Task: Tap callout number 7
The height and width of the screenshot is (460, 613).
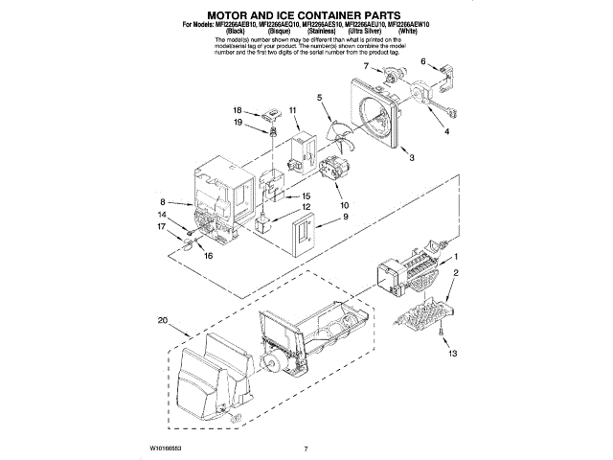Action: (365, 66)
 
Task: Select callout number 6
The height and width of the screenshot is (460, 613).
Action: (422, 61)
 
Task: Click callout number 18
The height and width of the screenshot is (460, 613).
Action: (238, 110)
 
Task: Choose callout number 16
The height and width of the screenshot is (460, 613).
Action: (207, 256)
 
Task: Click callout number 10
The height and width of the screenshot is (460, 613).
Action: (343, 204)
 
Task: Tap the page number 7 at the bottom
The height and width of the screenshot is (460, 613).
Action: (305, 448)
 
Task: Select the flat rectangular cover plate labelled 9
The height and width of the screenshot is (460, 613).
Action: (306, 233)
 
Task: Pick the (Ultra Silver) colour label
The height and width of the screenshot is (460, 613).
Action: (368, 31)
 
